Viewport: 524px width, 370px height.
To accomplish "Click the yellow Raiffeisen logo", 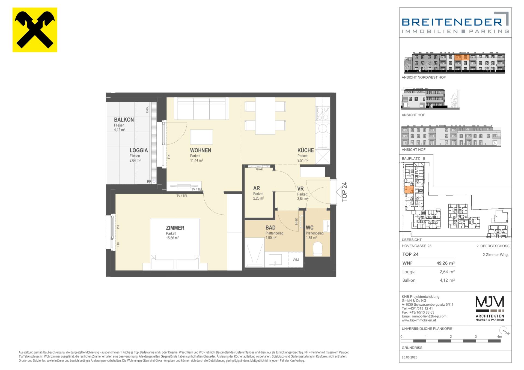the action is coord(35,30).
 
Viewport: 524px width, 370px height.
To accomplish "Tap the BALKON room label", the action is coord(124,120).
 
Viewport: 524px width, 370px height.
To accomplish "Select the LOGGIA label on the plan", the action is coord(139,150).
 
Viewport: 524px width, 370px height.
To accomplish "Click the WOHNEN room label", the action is coord(201,150).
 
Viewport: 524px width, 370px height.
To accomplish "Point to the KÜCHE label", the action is coord(306,150).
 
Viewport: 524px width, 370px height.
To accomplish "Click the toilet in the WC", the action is coord(317,248).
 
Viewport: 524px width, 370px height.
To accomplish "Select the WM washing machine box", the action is coord(296,260).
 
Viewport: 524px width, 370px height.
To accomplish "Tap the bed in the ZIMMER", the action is coord(175,244).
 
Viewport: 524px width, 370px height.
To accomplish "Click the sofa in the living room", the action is coord(201,109).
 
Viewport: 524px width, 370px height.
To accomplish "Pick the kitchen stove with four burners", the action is coord(323,114).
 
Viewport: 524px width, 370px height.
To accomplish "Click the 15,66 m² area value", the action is coord(172,238).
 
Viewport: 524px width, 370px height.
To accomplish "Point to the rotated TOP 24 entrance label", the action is coord(344,192).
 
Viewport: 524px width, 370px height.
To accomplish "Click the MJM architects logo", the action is coord(490,308).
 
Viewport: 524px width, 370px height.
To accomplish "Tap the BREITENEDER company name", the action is coord(452,22).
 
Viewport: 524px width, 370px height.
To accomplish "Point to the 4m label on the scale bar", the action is coord(499,337).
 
